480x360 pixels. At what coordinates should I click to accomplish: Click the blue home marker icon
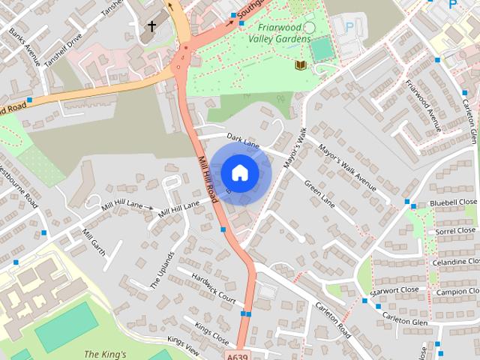pos(239,172)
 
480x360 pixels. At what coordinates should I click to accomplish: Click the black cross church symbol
pos(151,27)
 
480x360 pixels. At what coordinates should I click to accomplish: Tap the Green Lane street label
pos(319,192)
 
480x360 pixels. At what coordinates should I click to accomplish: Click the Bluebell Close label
pos(453,203)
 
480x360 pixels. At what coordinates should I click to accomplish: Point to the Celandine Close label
pos(454,262)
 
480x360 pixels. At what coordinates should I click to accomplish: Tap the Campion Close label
pos(455,291)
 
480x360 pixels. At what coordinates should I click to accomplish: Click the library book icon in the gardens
pos(300,65)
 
